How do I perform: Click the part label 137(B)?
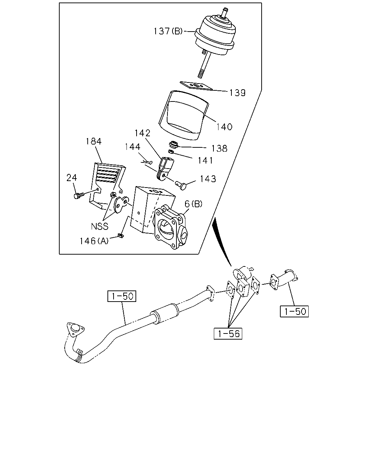coord(168,31)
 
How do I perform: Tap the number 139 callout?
coord(237,93)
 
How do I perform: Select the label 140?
coord(224,127)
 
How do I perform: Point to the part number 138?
coord(219,148)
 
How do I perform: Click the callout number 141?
coord(206,161)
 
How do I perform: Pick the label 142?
coord(142,133)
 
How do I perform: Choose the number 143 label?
coord(208,179)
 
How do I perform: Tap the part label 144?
coord(133,147)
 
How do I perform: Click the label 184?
coord(94,141)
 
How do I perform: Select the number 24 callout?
coord(72,178)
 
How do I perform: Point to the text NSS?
coord(100,226)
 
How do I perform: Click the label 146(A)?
coord(94,241)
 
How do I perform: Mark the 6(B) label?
coord(193,204)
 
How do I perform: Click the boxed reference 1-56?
coord(228,333)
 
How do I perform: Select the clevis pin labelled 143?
coord(181,185)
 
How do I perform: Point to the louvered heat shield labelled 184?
coord(107,184)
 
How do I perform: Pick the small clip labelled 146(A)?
coord(121,236)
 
